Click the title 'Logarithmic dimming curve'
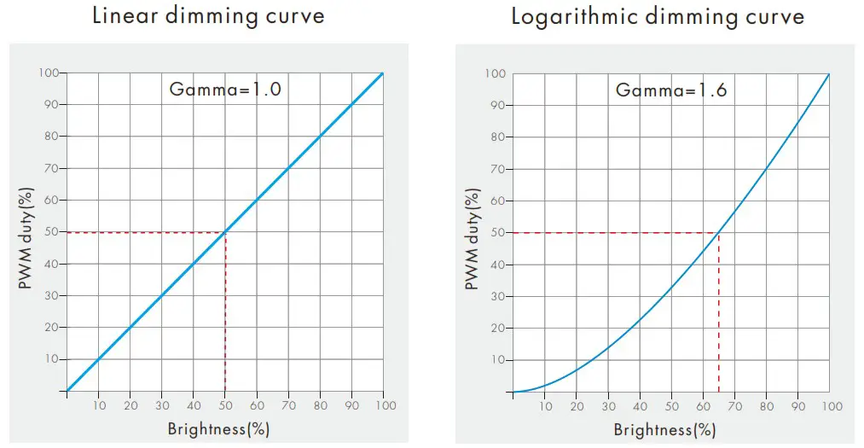pos(657,16)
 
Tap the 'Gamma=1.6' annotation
pos(671,89)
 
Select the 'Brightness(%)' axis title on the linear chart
pos(218,429)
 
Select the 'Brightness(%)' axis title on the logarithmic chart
pos(664,429)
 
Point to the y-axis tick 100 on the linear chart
pos(49,73)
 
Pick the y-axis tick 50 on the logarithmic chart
pos(497,233)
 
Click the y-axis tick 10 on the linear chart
pos(52,359)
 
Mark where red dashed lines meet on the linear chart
pos(225,232)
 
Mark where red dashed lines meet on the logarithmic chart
pos(718,233)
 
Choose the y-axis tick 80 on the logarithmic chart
pos(497,137)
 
